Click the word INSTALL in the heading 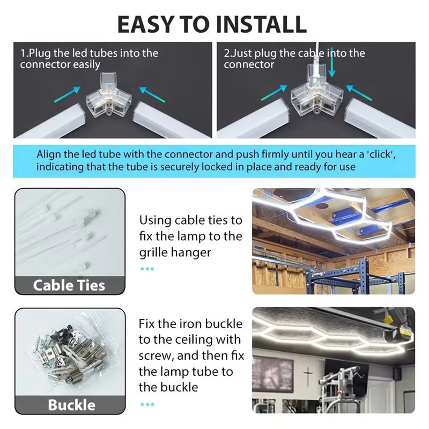(x=261, y=24)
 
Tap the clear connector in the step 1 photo (x=109, y=95)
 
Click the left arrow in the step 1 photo (x=68, y=94)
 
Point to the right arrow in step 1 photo (x=152, y=94)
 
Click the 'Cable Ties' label (x=69, y=285)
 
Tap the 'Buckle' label (x=72, y=405)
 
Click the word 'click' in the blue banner (x=381, y=154)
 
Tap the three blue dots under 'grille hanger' (x=147, y=269)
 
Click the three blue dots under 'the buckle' (x=147, y=404)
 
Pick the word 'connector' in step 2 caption (x=249, y=64)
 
